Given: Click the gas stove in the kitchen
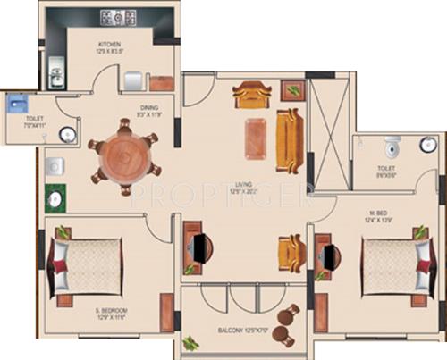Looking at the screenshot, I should (x=118, y=17).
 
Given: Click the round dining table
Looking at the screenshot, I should (x=124, y=157).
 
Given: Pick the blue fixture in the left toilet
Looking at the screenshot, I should (x=13, y=103).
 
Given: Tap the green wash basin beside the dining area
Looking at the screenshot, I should (x=56, y=197).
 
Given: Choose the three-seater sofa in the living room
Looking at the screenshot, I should (x=288, y=139).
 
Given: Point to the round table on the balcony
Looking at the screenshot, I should (x=289, y=314).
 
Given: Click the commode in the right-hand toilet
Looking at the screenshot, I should (x=390, y=145).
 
